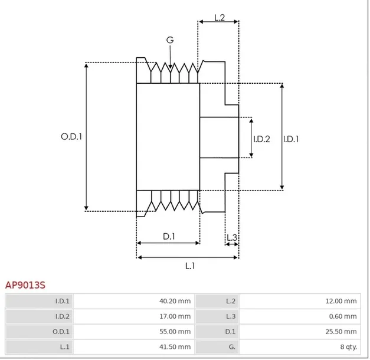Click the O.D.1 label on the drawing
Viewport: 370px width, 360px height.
pos(71,136)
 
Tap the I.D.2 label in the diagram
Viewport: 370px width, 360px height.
pos(261,139)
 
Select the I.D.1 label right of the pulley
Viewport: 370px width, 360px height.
pos(290,139)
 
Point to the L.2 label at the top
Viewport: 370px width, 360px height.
pos(219,18)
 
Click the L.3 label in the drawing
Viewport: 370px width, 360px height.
pos(231,238)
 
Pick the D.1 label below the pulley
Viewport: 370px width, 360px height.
pos(169,237)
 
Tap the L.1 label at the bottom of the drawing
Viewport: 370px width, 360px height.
pos(190,266)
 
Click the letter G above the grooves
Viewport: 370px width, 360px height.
pos(170,40)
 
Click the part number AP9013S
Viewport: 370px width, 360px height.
pos(25,285)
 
